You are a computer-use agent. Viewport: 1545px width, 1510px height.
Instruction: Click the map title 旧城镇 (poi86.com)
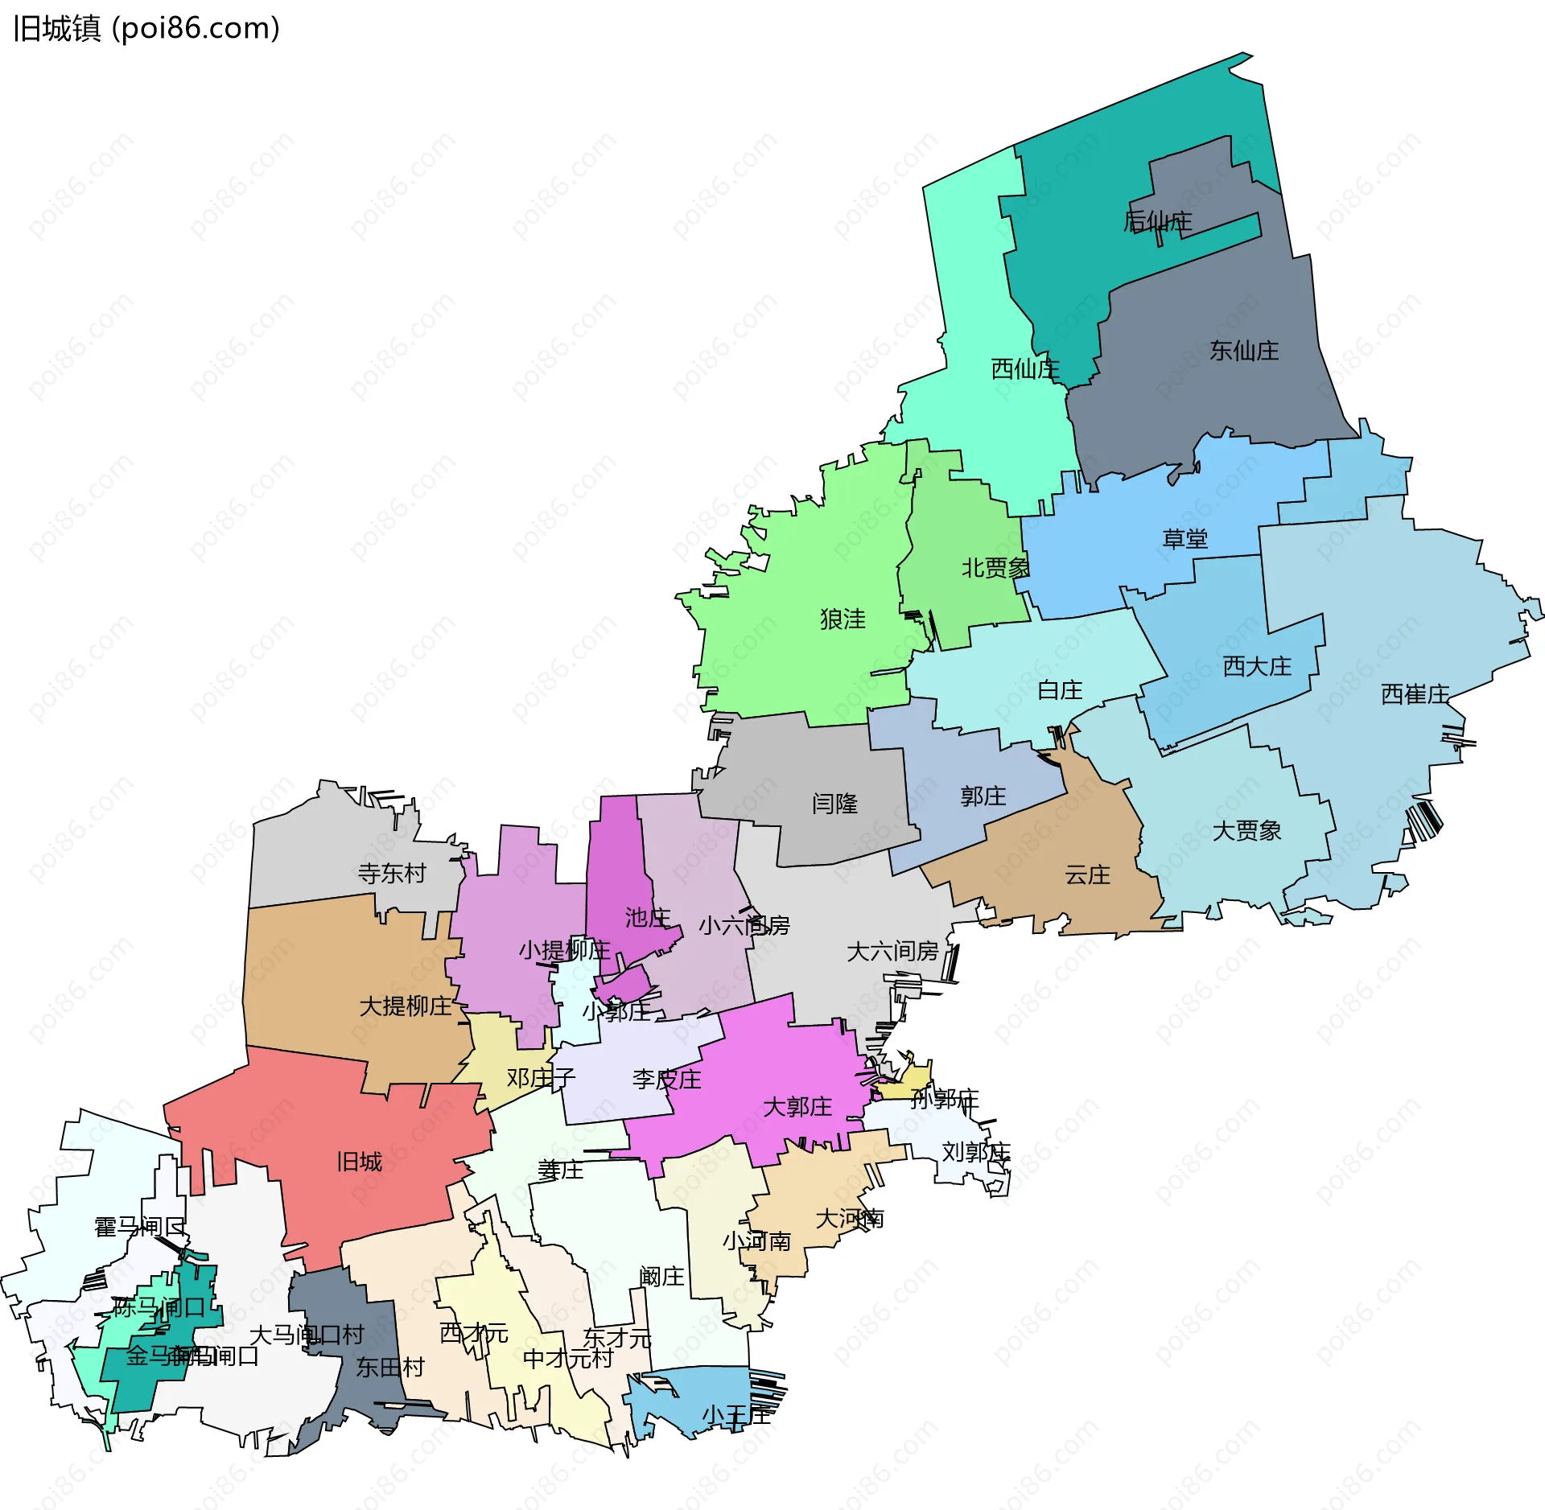[146, 29]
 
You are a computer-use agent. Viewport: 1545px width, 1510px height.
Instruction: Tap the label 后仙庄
[1157, 221]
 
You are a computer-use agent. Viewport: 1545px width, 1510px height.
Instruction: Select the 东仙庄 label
[1244, 351]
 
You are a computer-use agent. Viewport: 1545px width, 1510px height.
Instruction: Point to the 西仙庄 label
[1025, 369]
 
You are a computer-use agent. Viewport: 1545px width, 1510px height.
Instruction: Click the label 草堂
[1185, 539]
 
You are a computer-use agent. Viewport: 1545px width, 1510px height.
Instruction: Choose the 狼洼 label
[843, 619]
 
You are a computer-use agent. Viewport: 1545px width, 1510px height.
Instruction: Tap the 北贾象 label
[995, 568]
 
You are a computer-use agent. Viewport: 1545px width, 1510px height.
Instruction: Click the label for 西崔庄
[1415, 694]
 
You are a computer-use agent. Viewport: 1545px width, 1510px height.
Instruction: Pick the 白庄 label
[1060, 690]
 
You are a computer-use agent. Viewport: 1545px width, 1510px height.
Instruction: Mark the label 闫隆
[834, 804]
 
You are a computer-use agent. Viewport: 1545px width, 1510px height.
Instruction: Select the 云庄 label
[1087, 875]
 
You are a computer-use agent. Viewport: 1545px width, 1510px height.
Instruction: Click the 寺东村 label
[392, 874]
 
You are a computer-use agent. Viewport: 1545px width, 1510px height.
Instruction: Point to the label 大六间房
[892, 952]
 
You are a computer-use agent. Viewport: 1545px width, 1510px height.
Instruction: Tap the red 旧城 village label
[359, 1162]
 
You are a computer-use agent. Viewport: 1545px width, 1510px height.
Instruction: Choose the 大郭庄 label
[797, 1107]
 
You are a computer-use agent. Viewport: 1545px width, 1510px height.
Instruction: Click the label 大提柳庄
[406, 1006]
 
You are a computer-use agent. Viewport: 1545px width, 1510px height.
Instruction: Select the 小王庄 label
[735, 1415]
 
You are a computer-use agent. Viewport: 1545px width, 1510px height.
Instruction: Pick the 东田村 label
[389, 1368]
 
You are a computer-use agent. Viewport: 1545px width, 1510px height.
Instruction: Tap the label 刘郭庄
[975, 1152]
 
